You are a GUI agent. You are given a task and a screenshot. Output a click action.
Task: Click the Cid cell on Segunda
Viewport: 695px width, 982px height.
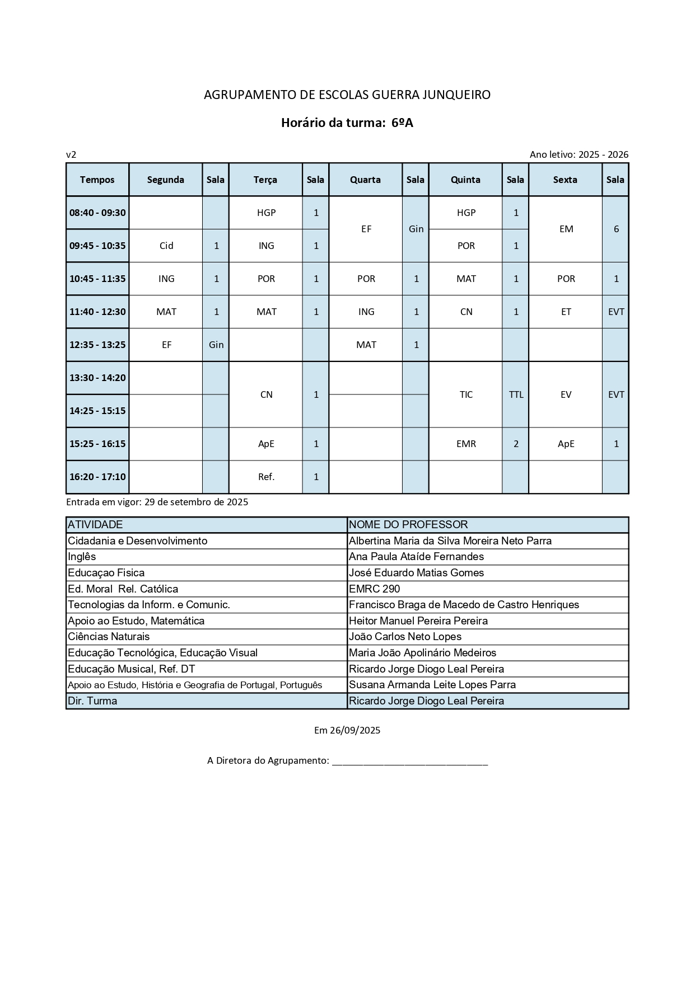166,246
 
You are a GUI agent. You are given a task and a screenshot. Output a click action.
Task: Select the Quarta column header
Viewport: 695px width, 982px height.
365,180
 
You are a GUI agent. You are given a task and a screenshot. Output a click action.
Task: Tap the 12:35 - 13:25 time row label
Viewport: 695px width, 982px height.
97,345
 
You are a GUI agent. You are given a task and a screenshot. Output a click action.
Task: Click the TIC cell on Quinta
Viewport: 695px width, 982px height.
466,394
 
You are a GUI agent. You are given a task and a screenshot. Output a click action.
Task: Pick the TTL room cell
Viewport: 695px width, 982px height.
516,394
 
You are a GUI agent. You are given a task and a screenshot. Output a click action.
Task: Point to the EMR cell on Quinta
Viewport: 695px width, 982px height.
466,444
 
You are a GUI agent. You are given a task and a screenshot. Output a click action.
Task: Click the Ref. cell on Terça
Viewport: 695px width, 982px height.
266,477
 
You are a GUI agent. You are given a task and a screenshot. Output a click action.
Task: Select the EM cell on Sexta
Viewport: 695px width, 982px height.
566,229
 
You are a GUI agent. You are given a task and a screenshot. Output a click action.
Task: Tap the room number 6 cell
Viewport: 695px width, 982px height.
616,229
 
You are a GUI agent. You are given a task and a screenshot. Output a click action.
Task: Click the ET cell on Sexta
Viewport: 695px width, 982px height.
566,312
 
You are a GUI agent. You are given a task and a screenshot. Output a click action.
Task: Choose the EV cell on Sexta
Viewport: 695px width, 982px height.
566,394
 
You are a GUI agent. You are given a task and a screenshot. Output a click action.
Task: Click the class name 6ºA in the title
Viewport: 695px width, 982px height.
402,123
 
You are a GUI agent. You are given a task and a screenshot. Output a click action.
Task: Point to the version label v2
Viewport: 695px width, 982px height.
71,154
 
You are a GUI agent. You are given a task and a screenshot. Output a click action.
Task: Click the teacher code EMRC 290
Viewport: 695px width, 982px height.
374,589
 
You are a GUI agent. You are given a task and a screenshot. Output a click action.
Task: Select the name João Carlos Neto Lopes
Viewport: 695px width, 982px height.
405,636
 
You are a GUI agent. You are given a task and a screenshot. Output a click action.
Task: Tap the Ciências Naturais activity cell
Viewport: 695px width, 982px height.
109,636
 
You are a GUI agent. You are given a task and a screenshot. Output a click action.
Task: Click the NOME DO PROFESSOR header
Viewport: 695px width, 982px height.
408,524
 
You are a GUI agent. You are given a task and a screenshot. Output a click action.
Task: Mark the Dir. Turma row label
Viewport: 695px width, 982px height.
92,701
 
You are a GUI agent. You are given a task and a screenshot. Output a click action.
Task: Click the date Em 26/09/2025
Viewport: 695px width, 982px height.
347,730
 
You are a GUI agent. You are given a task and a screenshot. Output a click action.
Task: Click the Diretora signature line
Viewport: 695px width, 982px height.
410,761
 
